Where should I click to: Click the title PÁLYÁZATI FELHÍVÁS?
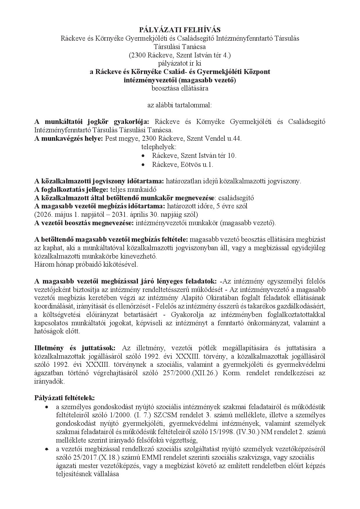point(180,30)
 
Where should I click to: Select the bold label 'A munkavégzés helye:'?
point(69,139)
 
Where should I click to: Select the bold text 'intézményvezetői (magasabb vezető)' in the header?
point(180,80)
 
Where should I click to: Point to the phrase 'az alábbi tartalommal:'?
point(180,105)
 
